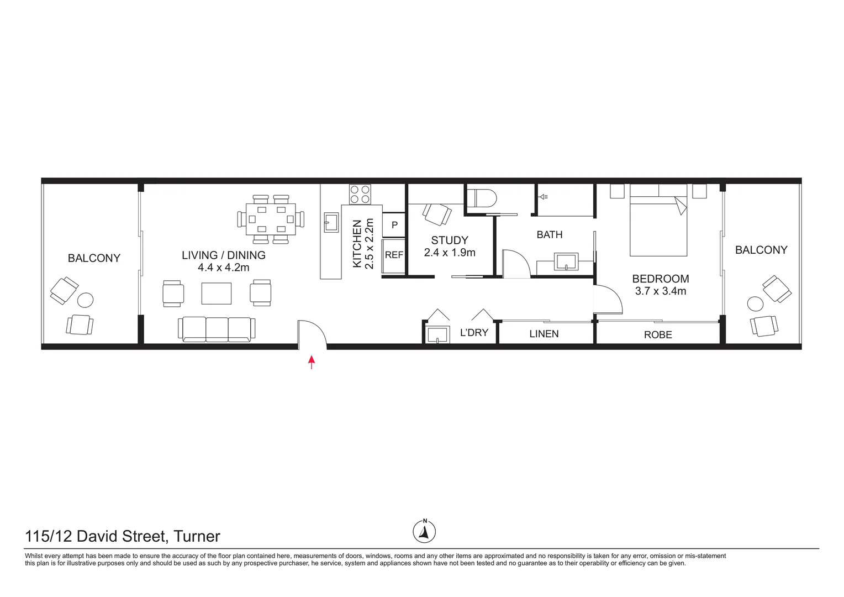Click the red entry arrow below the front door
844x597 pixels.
tap(312, 362)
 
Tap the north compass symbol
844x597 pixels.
tap(424, 532)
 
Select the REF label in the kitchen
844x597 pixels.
tap(394, 255)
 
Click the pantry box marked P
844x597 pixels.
tap(394, 225)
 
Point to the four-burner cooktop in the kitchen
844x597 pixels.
tap(360, 195)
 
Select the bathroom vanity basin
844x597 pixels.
tap(566, 261)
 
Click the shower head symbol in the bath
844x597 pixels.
tap(544, 196)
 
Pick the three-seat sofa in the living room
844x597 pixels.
tap(216, 328)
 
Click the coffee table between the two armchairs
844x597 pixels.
tap(216, 293)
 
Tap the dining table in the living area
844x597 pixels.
tap(271, 219)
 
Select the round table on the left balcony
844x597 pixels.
tap(85, 300)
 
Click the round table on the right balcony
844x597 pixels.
tap(755, 304)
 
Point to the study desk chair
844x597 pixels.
tap(437, 214)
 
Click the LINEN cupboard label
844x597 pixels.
tap(544, 334)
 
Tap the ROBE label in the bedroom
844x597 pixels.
tap(658, 334)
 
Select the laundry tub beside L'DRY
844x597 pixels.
tap(437, 334)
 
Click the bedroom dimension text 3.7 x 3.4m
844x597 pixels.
tap(661, 291)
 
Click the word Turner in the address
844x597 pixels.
tap(197, 536)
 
